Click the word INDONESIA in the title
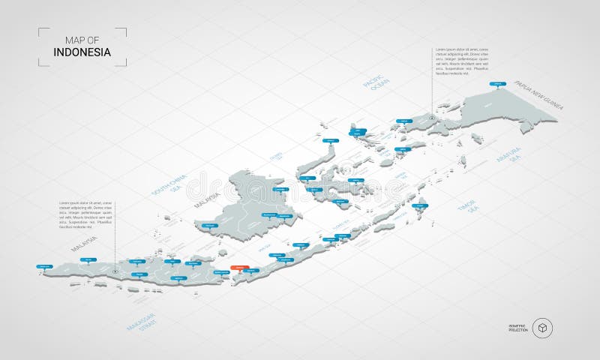[82, 52]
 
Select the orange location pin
[239, 267]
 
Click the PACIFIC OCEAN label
[373, 91]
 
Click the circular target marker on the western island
[115, 271]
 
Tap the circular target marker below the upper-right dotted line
[432, 117]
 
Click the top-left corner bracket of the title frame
[41, 31]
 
